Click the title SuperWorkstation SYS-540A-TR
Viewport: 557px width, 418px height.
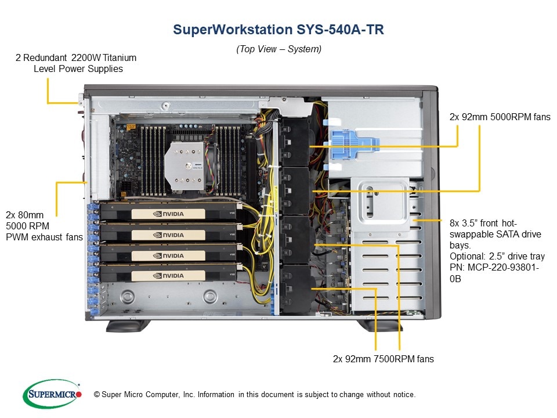[278, 30]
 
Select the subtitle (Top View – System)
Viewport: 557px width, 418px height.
[278, 49]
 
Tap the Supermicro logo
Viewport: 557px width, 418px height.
[52, 394]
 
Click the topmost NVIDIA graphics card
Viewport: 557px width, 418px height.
[168, 214]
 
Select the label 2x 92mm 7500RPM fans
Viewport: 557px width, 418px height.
[383, 359]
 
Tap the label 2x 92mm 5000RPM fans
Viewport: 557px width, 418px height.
[500, 117]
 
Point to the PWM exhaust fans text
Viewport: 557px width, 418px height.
[44, 237]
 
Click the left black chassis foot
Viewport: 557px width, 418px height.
[128, 326]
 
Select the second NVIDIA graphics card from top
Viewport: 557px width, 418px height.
[168, 235]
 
